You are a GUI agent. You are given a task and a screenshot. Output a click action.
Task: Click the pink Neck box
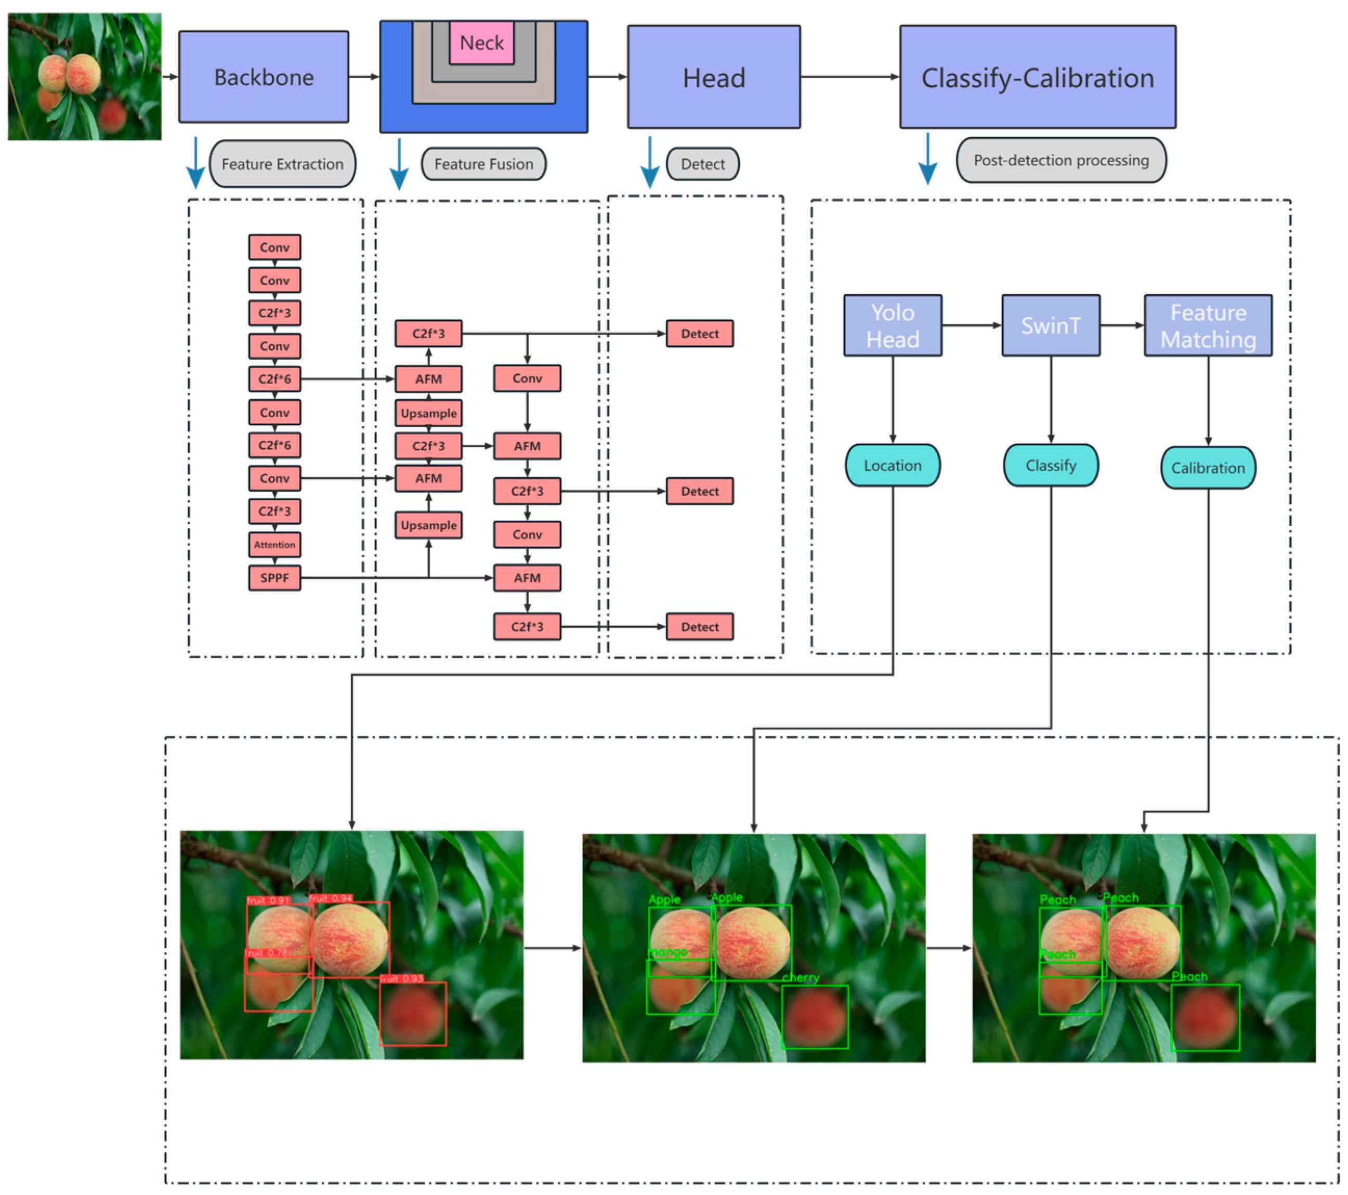tap(481, 43)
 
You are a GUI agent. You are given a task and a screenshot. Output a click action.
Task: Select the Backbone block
tap(264, 77)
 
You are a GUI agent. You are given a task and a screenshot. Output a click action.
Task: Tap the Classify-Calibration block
tap(1037, 77)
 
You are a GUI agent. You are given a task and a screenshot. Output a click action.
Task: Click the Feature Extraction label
tap(282, 164)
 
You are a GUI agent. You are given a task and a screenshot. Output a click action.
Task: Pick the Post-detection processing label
tap(1061, 160)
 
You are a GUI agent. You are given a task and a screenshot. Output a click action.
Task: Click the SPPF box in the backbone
tap(274, 577)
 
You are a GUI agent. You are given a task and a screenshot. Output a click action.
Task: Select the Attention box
tap(274, 545)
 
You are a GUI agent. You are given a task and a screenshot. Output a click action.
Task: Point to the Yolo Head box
tap(892, 326)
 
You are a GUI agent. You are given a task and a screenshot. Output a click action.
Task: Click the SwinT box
tap(1051, 326)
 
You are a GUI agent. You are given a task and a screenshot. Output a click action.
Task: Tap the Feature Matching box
tap(1208, 326)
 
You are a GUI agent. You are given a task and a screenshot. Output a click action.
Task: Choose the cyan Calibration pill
tap(1208, 468)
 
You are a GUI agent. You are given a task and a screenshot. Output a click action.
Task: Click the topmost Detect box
tap(699, 334)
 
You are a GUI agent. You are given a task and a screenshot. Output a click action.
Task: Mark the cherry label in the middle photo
tap(801, 977)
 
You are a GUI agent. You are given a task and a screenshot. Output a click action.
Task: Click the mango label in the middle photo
tap(668, 952)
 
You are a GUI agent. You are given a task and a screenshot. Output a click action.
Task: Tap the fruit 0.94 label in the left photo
tap(331, 898)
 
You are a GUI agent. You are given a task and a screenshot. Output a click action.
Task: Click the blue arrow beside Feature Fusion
tap(399, 165)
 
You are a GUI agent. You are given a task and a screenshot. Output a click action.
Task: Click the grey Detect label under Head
tap(702, 164)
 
